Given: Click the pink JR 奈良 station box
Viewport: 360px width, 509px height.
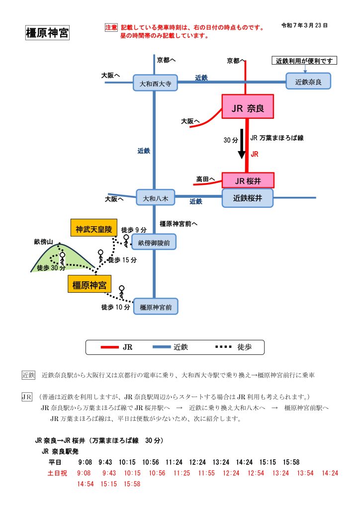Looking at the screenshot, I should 248,106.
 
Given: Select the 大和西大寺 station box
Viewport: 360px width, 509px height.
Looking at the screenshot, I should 155,83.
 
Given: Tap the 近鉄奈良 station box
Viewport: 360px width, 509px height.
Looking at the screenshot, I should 308,81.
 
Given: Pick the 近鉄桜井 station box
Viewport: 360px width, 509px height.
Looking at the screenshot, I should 247,197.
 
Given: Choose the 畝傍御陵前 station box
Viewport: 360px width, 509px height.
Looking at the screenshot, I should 154,242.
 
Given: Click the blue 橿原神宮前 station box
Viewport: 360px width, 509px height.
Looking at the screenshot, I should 156,307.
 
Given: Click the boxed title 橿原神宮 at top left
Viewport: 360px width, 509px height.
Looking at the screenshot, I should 47,33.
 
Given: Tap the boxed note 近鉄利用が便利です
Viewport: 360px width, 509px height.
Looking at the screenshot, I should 305,61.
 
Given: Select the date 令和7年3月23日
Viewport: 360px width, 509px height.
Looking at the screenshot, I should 304,25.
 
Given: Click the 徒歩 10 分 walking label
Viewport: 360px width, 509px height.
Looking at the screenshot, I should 115,307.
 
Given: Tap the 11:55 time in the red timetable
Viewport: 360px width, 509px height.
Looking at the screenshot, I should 206,473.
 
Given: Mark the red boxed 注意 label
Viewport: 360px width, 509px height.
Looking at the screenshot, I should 111,28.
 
